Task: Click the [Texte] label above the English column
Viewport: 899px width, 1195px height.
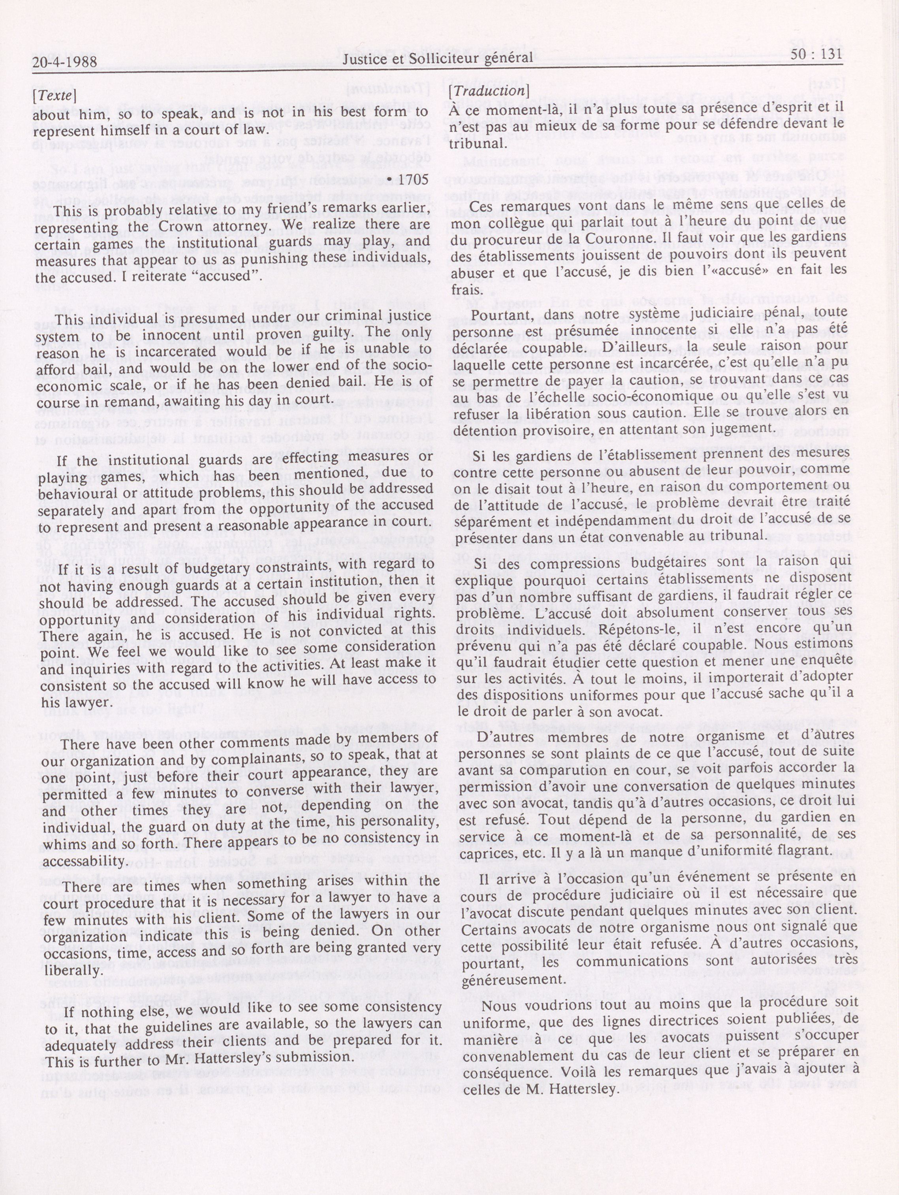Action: pos(54,96)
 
